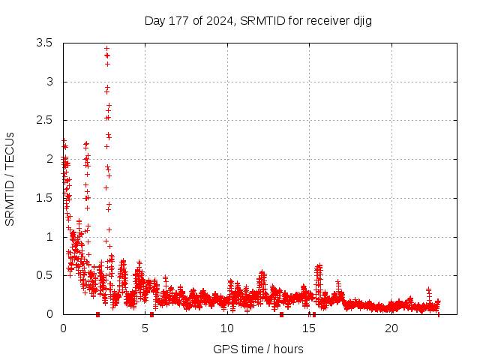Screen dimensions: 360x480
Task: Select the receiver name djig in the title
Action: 360,20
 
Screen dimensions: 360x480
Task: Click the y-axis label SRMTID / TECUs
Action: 10,178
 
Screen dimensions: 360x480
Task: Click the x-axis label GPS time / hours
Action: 258,349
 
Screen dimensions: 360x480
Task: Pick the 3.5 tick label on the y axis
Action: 45,43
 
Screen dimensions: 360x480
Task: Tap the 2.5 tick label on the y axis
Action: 45,120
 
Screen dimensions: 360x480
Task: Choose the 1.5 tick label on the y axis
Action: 45,198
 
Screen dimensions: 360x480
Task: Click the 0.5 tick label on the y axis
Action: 45,275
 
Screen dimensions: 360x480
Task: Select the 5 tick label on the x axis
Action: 145,328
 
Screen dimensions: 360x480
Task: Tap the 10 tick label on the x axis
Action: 227,328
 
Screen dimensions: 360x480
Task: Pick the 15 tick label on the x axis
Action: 309,328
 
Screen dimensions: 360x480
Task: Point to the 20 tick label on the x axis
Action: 391,328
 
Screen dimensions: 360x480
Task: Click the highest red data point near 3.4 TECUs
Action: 106,49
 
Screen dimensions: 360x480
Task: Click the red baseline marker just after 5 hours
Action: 151,314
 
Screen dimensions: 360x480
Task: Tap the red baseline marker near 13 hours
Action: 281,314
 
